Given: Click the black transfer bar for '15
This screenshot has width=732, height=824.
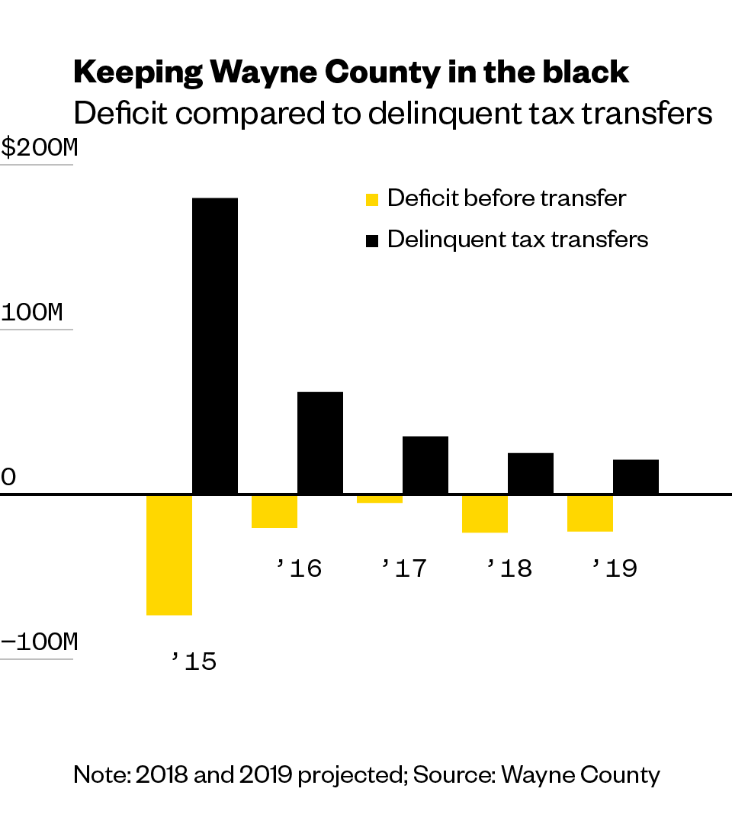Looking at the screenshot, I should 214,346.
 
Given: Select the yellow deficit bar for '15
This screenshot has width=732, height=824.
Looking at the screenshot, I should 169,555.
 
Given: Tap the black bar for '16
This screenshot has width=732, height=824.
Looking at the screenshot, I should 319,443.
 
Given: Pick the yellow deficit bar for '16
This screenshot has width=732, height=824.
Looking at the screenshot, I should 274,511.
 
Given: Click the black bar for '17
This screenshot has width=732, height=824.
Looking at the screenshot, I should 425,465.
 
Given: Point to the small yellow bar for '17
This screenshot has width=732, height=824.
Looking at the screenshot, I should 379,499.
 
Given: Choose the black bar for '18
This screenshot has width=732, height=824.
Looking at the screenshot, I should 530,473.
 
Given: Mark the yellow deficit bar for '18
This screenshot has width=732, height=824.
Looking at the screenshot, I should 484,513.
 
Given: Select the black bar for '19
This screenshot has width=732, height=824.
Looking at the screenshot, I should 635,477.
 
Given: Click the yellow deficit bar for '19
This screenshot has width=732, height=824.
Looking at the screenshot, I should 589,513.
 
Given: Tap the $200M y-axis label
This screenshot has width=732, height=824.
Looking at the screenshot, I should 39,148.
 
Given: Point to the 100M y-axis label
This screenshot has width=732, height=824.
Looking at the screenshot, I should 32,313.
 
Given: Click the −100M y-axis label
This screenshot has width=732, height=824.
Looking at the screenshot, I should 39,642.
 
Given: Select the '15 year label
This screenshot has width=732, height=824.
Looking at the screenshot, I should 194,661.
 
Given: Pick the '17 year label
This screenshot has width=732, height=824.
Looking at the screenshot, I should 404,568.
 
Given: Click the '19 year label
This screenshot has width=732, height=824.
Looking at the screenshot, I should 615,568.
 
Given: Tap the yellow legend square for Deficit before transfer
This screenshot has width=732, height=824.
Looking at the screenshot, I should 372,200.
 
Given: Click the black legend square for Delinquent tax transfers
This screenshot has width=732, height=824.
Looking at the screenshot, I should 372,241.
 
